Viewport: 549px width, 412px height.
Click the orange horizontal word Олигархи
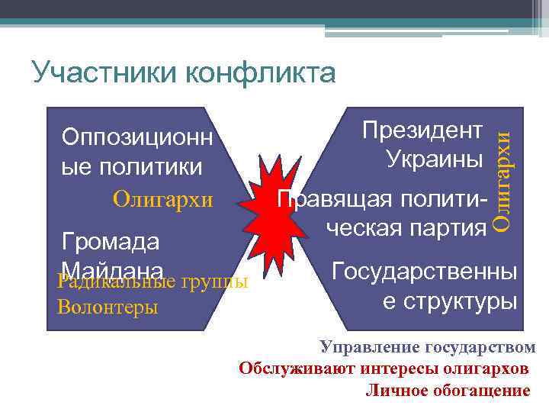[x=162, y=200]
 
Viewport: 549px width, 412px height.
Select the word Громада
[x=111, y=242]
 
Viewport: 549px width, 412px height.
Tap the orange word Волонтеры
[x=108, y=307]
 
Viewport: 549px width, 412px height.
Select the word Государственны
[x=425, y=271]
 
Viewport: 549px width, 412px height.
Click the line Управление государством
[x=428, y=348]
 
